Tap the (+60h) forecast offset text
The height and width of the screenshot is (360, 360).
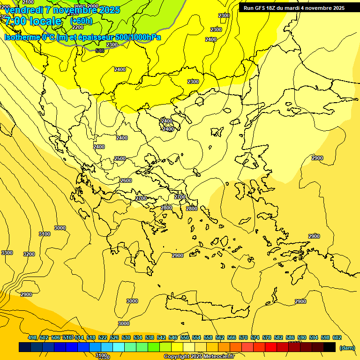(x=81, y=21)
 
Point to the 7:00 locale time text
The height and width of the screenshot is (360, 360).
(x=33, y=21)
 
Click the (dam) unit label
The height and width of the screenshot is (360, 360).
(x=347, y=348)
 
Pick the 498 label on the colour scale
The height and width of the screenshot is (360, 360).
(x=32, y=338)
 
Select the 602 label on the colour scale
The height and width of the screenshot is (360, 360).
(x=337, y=338)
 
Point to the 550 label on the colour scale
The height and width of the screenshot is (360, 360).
(x=185, y=338)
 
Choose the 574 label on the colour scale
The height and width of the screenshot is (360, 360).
(x=255, y=338)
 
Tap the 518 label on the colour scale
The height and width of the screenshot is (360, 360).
(x=91, y=338)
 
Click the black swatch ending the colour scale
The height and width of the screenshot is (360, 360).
(x=329, y=347)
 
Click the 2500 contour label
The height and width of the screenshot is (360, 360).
(x=120, y=159)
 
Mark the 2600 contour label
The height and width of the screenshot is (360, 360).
(x=126, y=181)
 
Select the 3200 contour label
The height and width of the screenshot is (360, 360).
(x=29, y=255)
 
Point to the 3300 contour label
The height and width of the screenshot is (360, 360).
(x=7, y=253)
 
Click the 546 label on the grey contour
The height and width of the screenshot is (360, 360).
(x=100, y=51)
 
